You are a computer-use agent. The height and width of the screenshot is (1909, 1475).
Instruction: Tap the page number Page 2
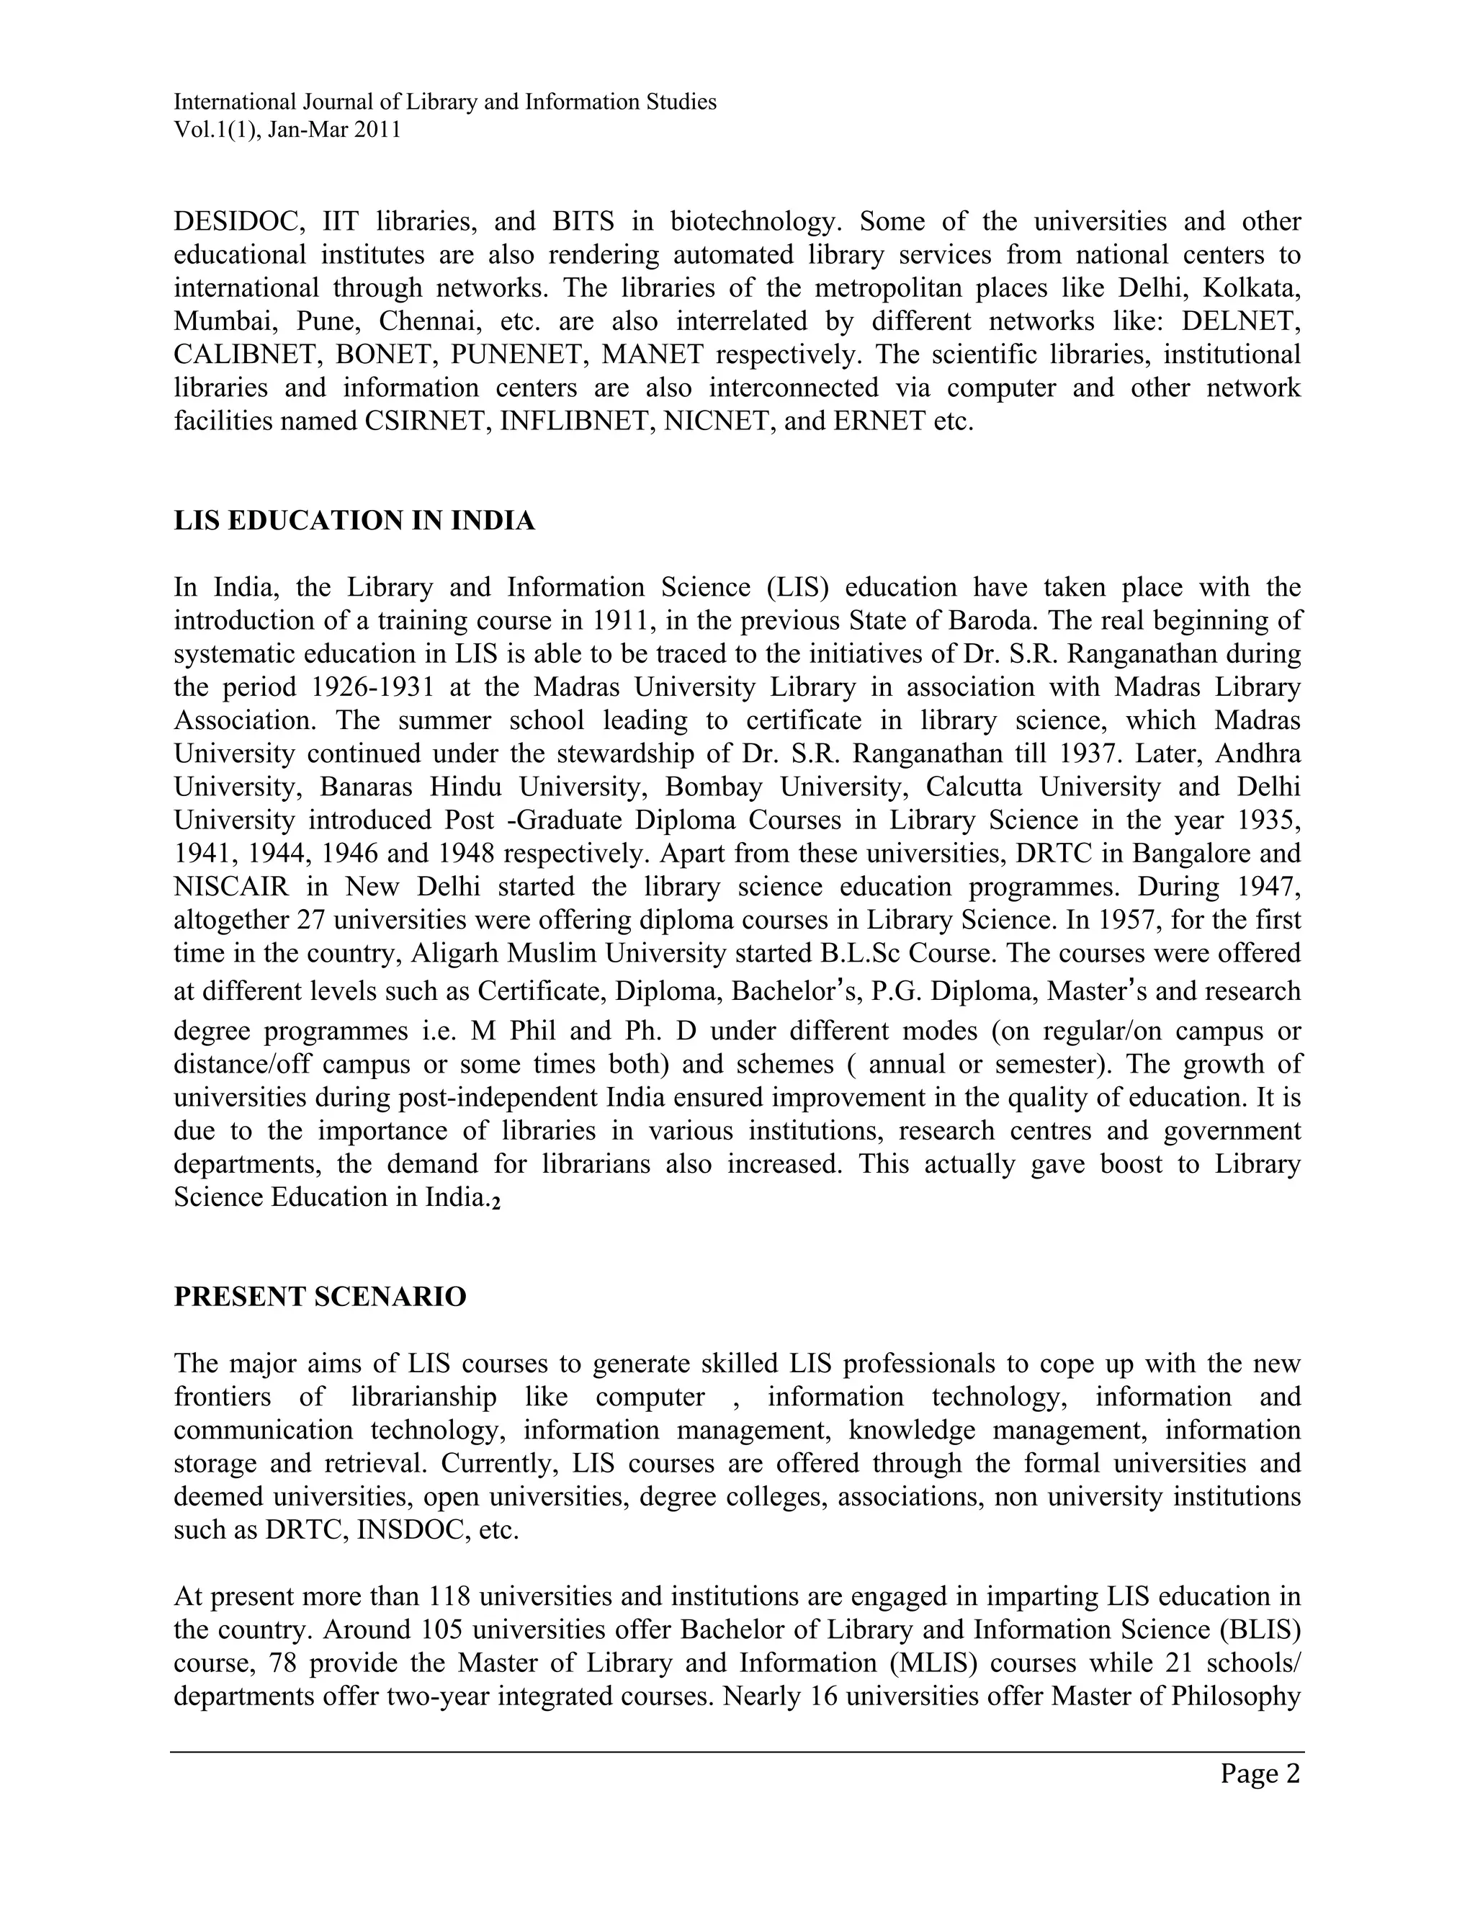tap(1260, 1774)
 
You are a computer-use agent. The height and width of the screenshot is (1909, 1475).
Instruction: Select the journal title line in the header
tap(445, 102)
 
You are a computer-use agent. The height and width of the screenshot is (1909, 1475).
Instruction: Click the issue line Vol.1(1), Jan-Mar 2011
tap(287, 130)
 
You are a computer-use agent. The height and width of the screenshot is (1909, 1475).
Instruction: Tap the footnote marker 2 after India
tap(496, 1204)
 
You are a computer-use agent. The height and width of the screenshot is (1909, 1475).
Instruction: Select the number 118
tap(450, 1598)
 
